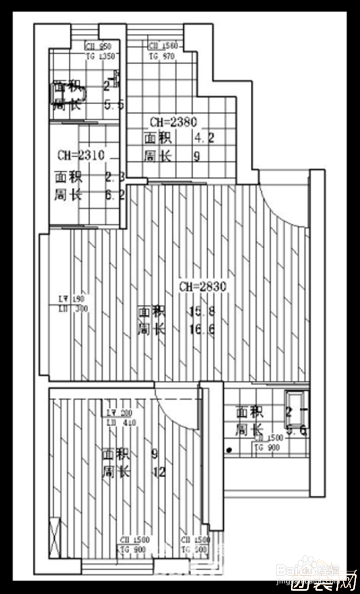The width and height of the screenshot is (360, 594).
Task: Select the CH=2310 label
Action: pyautogui.click(x=81, y=155)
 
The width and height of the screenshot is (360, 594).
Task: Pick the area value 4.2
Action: pyautogui.click(x=203, y=138)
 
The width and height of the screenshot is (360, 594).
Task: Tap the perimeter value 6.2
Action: pyautogui.click(x=115, y=195)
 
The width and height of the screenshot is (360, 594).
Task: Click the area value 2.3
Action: pyautogui.click(x=115, y=177)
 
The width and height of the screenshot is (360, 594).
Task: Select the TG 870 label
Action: pyautogui.click(x=162, y=56)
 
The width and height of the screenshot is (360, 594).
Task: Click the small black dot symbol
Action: pyautogui.click(x=229, y=449)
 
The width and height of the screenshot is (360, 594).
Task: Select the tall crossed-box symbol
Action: pyautogui.click(x=54, y=538)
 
